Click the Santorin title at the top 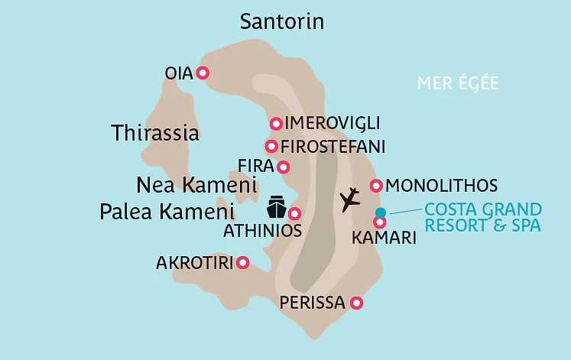tap(282, 21)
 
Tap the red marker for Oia tap(203, 73)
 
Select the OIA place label tap(180, 73)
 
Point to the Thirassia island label tap(155, 133)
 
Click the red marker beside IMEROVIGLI tap(276, 124)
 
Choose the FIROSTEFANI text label tap(333, 146)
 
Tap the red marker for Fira tap(284, 167)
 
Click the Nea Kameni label tap(196, 185)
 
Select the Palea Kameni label tap(166, 212)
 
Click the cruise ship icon tap(276, 207)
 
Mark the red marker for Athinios tap(294, 214)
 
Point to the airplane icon tap(349, 199)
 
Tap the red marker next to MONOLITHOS tap(376, 186)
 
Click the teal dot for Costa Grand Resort tap(380, 212)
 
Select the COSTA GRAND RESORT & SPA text tap(482, 217)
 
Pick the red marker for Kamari tap(379, 222)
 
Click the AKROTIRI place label tap(193, 263)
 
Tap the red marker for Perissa tap(355, 303)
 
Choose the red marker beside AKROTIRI tap(243, 263)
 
